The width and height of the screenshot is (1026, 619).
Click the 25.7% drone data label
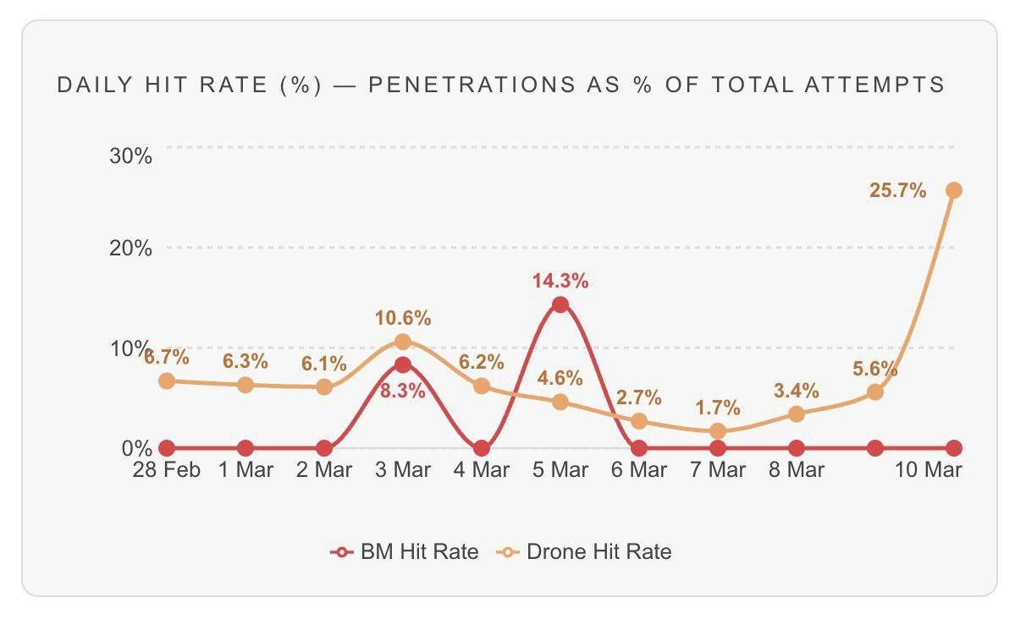coord(897,190)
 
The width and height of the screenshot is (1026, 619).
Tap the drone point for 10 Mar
coord(954,190)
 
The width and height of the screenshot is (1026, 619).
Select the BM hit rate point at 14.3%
coord(560,304)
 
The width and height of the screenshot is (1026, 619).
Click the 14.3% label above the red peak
coord(560,281)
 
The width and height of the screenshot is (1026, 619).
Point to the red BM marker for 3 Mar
coord(403,364)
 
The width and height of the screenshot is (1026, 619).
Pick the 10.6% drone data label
coord(403,318)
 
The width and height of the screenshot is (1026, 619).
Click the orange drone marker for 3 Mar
coord(403,342)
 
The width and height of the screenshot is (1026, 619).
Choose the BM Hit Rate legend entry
coord(405,551)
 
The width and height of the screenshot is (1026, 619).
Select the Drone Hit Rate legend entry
coord(584,551)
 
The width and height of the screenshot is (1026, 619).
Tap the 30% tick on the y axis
coord(130,156)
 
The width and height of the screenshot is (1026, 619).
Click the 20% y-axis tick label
coord(130,249)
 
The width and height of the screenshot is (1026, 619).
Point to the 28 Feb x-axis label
coord(166,470)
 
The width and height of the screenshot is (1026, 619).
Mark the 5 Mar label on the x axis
coord(560,470)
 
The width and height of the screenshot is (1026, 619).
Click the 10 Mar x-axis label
coord(928,470)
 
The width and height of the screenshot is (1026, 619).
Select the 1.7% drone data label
coord(718,408)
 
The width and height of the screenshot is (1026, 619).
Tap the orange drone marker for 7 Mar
coord(718,431)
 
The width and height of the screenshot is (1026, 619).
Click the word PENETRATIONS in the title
coord(472,85)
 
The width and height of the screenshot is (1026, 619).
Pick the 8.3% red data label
coord(403,391)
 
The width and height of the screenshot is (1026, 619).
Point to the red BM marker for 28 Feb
coord(167,448)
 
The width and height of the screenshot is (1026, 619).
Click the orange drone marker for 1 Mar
coord(245,386)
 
